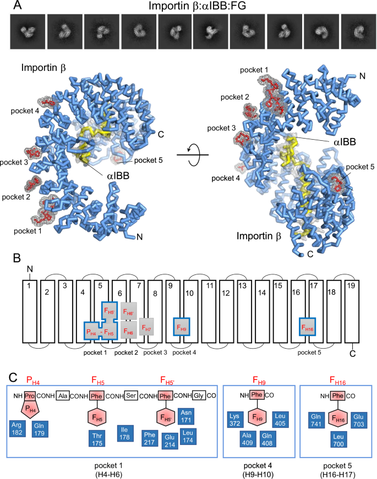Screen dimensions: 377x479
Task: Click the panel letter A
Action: (x=17, y=7)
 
